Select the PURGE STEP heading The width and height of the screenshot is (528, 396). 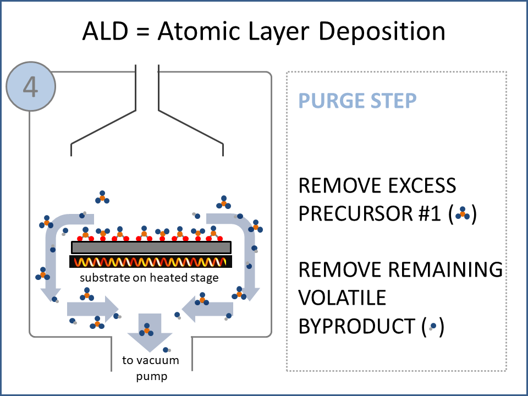(x=357, y=101)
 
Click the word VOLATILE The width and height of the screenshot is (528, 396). (x=342, y=298)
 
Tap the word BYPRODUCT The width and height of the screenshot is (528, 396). (x=358, y=327)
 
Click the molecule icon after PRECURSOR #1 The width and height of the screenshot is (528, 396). (x=463, y=213)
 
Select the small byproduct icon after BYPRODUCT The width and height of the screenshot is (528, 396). (x=433, y=327)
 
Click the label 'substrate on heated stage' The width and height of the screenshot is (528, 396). (x=150, y=278)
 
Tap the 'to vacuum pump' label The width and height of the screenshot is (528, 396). (x=150, y=369)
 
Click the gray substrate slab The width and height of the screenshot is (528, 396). (x=151, y=248)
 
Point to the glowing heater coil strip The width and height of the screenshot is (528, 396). (x=151, y=262)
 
